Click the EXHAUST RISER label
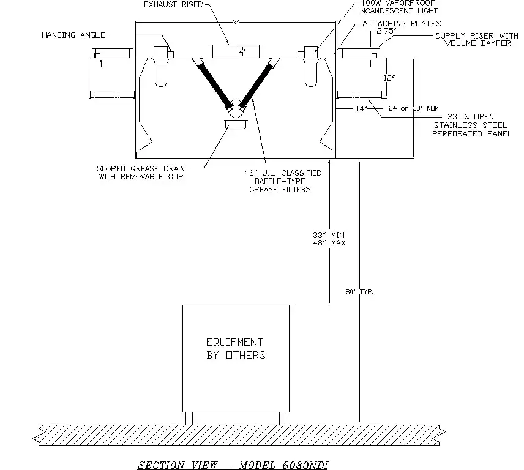(x=173, y=5)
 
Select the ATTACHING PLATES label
(x=402, y=24)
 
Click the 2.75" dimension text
(x=386, y=31)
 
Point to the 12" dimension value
(x=389, y=78)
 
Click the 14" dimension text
(x=362, y=108)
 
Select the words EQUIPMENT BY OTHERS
(x=235, y=348)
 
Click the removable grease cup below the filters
(x=236, y=125)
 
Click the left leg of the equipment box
(x=189, y=418)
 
